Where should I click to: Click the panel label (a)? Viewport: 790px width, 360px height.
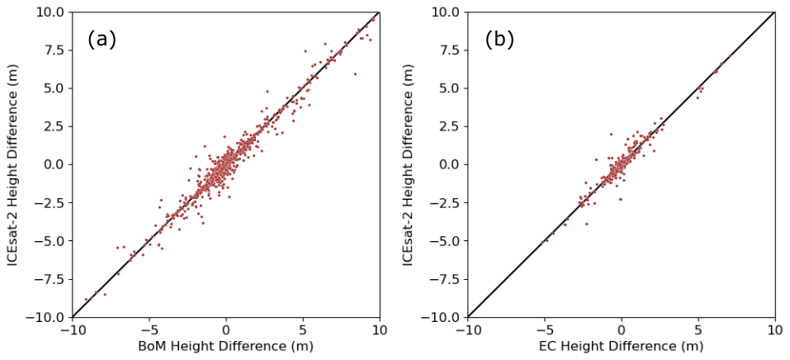102,40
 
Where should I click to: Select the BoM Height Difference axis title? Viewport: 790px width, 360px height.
225,346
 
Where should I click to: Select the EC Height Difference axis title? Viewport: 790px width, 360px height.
621,346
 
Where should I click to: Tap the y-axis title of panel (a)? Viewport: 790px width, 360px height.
14,163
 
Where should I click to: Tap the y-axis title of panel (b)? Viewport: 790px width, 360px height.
409,163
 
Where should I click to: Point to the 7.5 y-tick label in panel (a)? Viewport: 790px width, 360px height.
53,50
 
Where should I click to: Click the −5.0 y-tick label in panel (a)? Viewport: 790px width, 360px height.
49,240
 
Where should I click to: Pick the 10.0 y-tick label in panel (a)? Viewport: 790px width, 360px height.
50,12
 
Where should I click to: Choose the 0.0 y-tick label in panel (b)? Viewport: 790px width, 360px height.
448,164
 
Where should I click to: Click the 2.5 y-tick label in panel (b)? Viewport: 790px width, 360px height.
448,126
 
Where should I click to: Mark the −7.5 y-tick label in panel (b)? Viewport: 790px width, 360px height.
444,279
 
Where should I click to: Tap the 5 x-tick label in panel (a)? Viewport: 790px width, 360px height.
303,329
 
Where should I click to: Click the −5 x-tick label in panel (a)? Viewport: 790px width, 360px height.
149,329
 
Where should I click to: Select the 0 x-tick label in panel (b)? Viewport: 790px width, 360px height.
622,329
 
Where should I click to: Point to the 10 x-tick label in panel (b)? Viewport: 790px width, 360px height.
774,329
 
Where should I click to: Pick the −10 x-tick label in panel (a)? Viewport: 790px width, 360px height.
72,329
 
